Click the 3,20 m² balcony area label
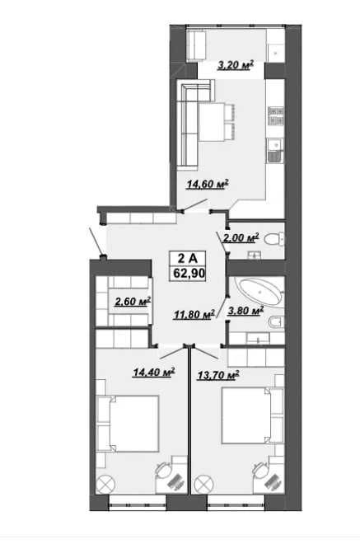pyautogui.click(x=236, y=64)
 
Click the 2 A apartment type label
pyautogui.click(x=188, y=258)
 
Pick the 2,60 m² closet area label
pyautogui.click(x=133, y=301)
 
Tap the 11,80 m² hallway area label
pyautogui.click(x=194, y=314)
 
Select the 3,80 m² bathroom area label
pyautogui.click(x=245, y=310)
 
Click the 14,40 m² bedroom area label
pyautogui.click(x=154, y=372)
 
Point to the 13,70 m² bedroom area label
pyautogui.click(x=218, y=375)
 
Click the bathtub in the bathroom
pyautogui.click(x=260, y=293)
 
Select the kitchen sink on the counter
pyautogui.click(x=275, y=151)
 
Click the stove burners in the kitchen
pyautogui.click(x=277, y=116)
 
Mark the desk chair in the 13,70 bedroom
pyautogui.click(x=259, y=470)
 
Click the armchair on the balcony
pyautogui.click(x=196, y=45)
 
